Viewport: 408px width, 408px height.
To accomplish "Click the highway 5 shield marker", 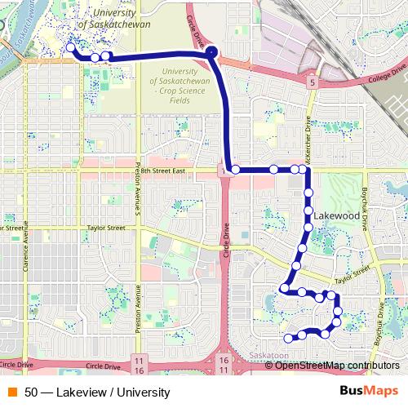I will coord(313,82).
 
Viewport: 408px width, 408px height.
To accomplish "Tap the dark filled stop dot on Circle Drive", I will coord(211,53).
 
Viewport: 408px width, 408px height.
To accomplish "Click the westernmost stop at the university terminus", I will coord(71,48).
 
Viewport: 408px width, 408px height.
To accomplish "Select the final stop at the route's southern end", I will coord(288,337).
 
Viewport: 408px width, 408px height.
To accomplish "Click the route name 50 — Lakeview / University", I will coord(96,392).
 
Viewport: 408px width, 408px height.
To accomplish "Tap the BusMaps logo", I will coord(369,392).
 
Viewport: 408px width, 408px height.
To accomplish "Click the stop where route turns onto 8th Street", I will coord(235,170).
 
